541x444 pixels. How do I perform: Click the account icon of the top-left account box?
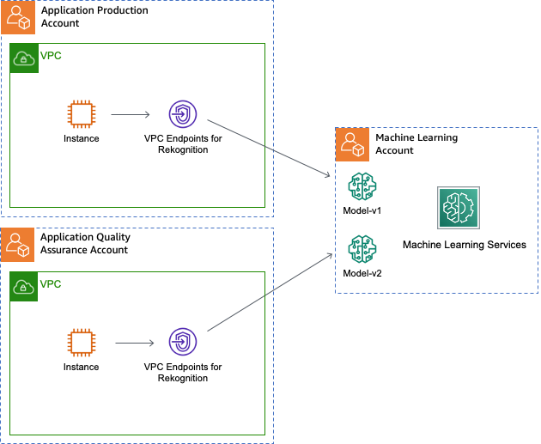tap(18, 17)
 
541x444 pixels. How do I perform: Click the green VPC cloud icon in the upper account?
tap(24, 58)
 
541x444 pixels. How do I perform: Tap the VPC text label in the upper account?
tap(51, 56)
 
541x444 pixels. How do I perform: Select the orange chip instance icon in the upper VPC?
tap(82, 114)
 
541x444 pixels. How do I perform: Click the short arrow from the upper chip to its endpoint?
tap(131, 114)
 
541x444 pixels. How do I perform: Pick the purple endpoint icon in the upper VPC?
tap(183, 114)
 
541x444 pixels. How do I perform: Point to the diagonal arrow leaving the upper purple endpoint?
tap(266, 148)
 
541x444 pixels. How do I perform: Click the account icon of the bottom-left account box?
tap(18, 245)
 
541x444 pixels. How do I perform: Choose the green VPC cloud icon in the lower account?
tap(24, 287)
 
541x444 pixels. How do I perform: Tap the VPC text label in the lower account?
tap(51, 284)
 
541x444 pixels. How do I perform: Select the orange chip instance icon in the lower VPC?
tap(82, 343)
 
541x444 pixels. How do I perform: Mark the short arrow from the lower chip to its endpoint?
tap(134, 343)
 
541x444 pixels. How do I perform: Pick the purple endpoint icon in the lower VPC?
tap(183, 342)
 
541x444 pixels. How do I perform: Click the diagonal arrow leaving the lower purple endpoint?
tap(268, 293)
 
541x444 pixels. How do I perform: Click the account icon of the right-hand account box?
tap(352, 144)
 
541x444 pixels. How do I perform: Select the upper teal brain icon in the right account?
tap(362, 186)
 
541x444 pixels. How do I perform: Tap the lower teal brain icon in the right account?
tap(362, 249)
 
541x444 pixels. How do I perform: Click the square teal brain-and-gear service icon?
tap(459, 208)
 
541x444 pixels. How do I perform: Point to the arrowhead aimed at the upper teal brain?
tap(328, 176)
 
